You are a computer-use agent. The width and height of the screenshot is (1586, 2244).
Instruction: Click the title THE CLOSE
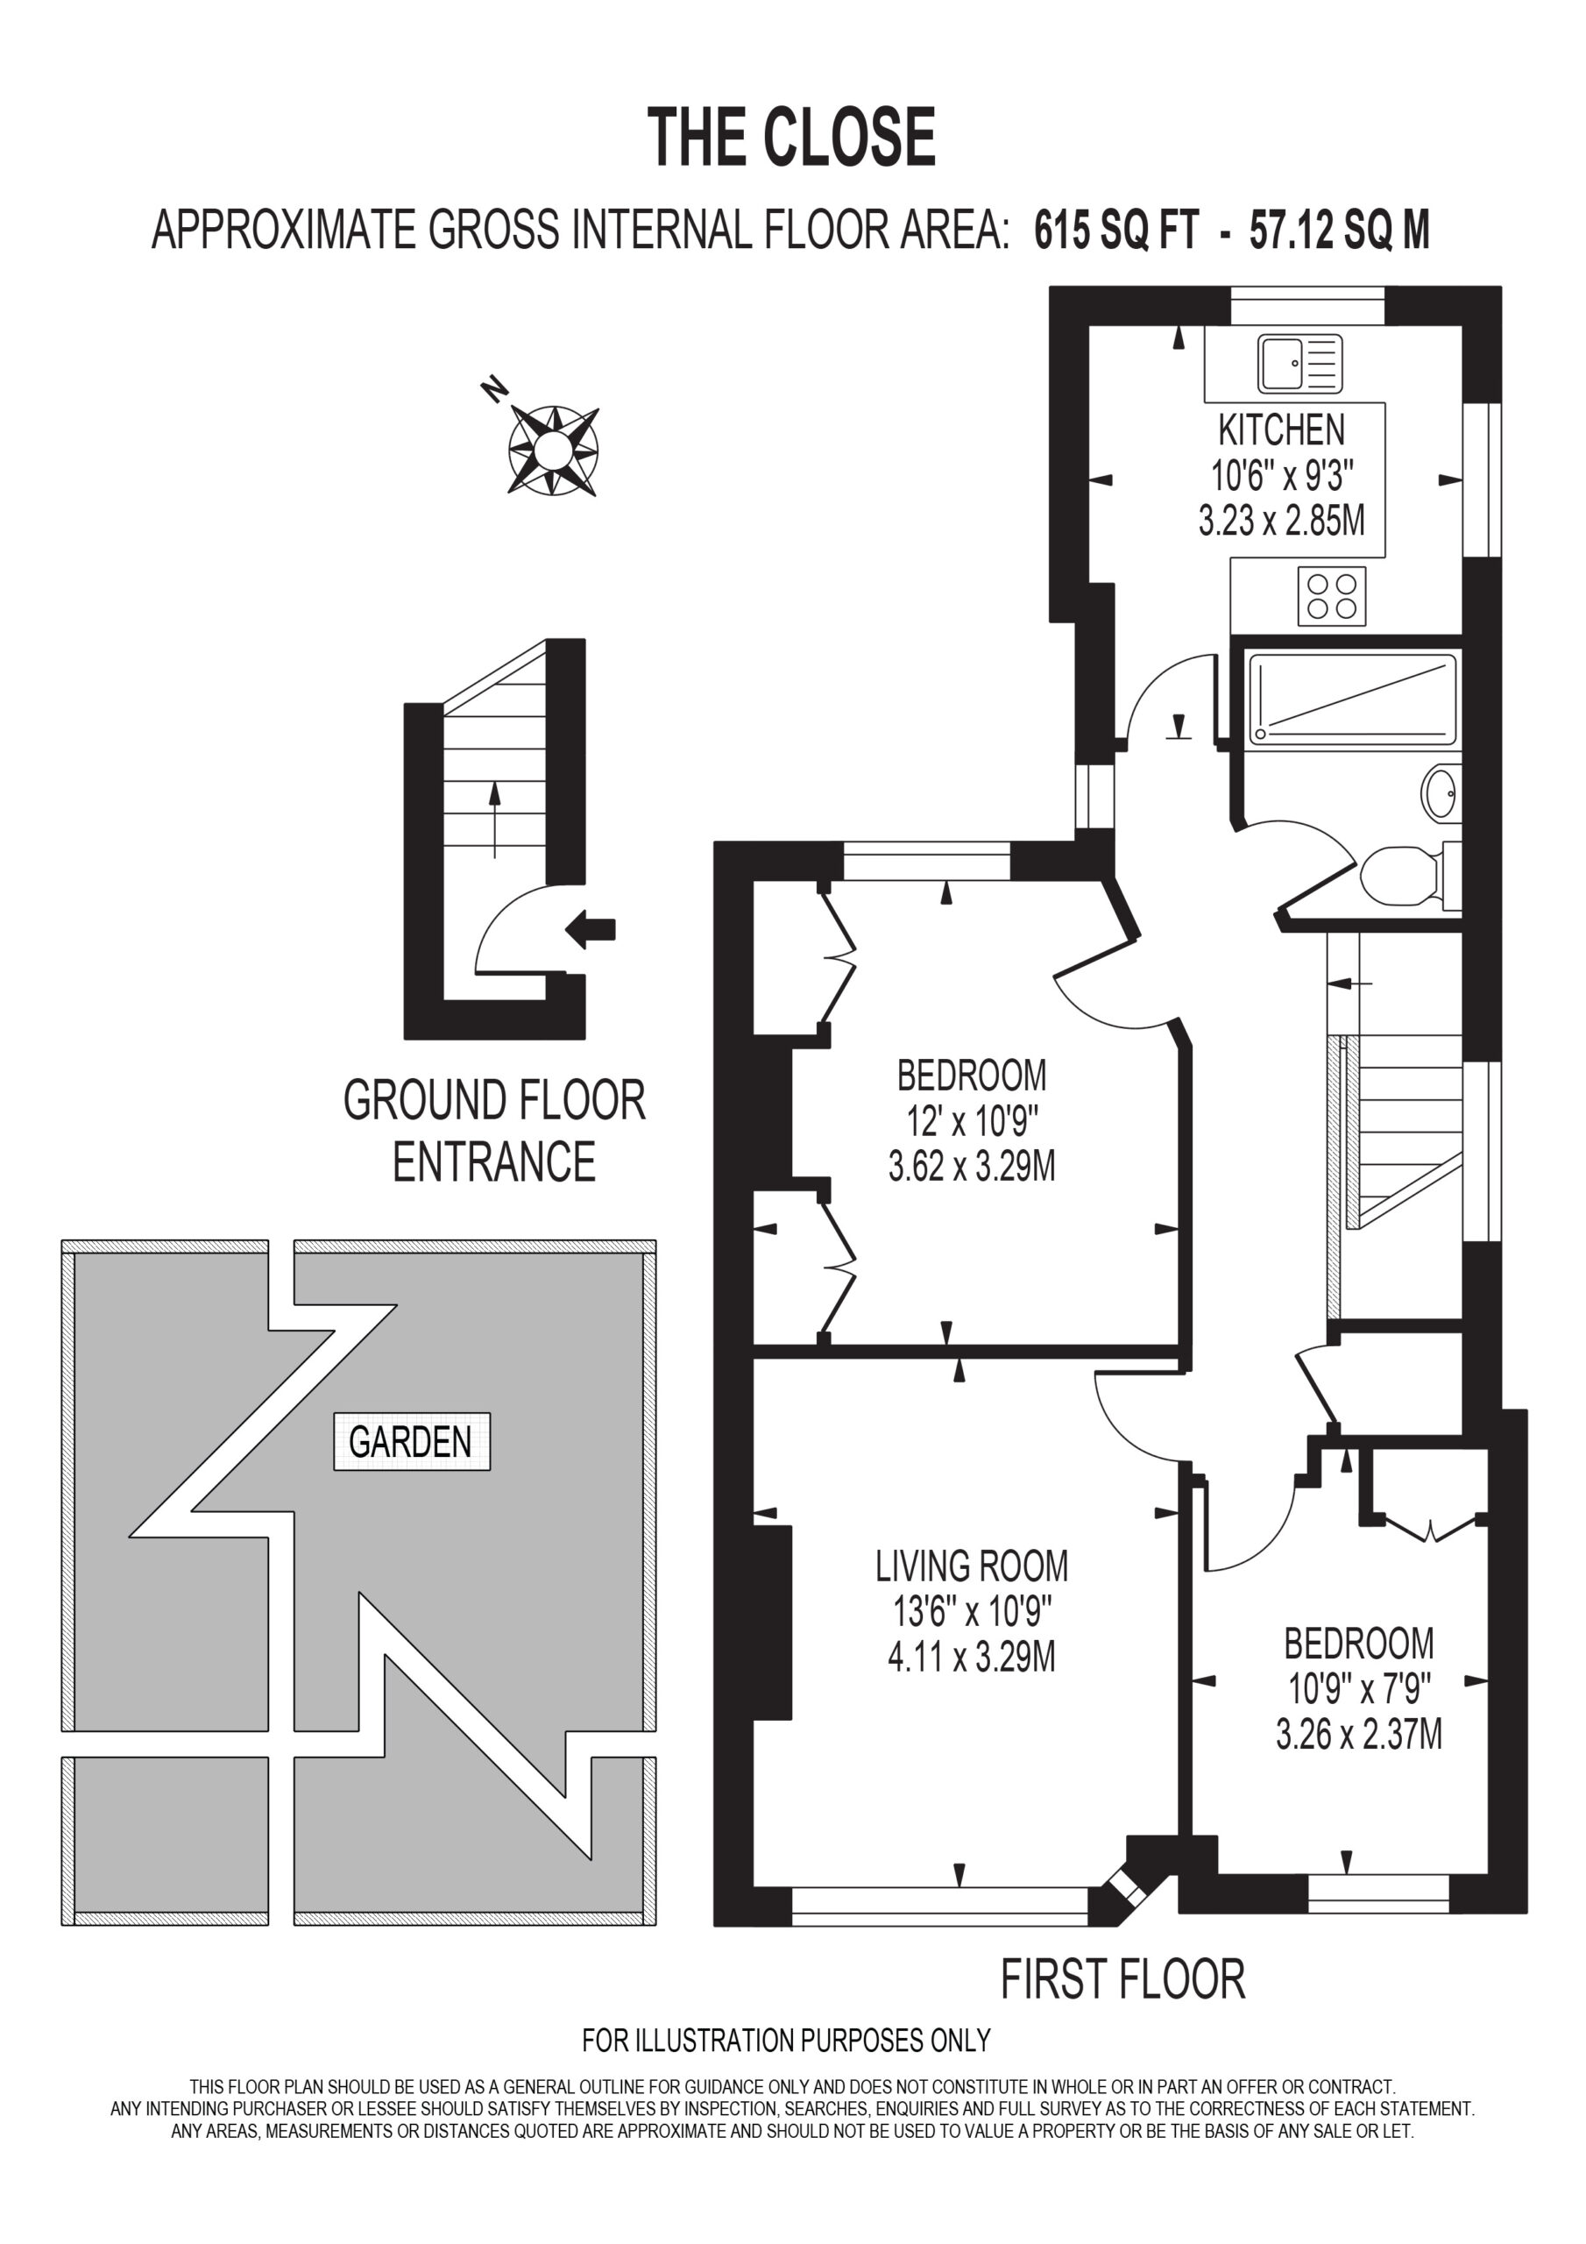coord(791,137)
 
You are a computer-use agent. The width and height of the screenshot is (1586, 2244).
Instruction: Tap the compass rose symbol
coord(553,450)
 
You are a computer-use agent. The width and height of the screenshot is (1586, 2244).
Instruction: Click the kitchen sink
coord(1299,363)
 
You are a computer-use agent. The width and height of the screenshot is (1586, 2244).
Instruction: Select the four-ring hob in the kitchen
coord(1332,596)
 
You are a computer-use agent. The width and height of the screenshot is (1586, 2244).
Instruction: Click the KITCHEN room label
coord(1281,430)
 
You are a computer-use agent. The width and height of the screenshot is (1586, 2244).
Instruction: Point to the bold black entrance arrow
coord(591,928)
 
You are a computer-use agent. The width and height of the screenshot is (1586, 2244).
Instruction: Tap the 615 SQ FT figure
coord(1116,231)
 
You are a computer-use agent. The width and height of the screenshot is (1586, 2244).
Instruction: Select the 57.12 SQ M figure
coord(1339,231)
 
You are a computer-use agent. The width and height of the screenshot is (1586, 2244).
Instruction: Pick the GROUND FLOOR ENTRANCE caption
coord(494,1131)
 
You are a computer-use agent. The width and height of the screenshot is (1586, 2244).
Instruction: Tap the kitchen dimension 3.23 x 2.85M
coord(1281,520)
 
